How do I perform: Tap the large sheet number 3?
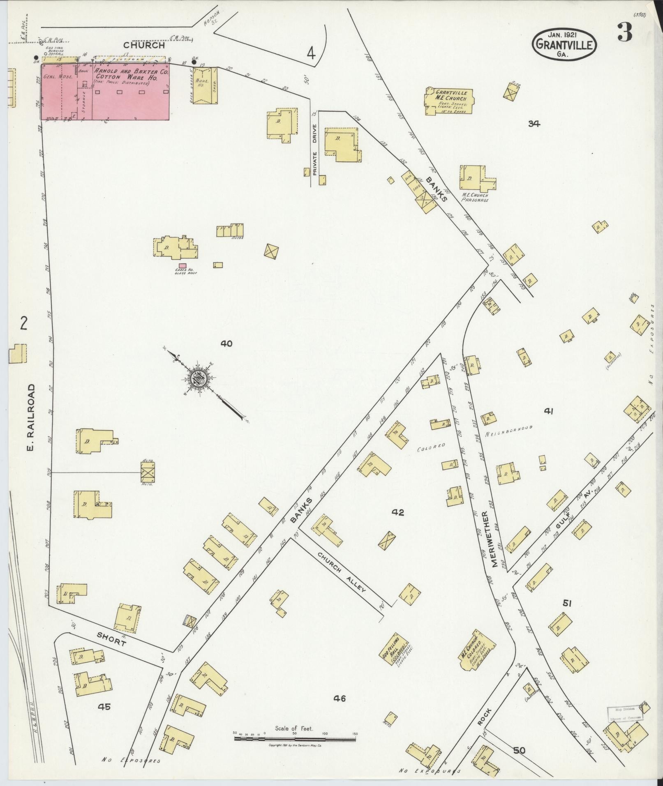pos(624,33)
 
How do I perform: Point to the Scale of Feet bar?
pos(295,739)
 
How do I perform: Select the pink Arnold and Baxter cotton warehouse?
pos(105,92)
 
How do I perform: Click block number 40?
pos(226,343)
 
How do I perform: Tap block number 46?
pos(340,698)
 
